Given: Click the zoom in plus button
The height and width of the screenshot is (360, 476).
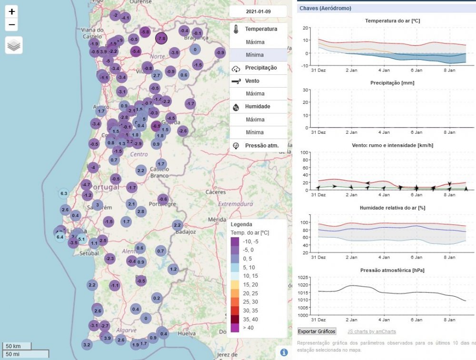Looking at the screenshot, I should click(x=12, y=11).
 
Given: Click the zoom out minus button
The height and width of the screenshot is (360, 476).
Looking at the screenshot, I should click(x=12, y=25).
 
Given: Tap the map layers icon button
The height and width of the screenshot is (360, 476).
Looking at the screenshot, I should click(x=14, y=45).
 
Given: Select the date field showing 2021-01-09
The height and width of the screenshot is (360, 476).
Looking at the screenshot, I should click(x=258, y=11).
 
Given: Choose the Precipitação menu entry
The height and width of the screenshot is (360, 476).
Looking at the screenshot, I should click(x=260, y=68).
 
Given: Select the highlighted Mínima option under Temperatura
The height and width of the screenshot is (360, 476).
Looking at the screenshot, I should click(x=255, y=55).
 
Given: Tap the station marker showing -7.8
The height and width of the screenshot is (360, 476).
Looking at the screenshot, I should click(x=161, y=38).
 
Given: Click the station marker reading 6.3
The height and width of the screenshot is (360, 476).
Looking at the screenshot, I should click(x=64, y=193).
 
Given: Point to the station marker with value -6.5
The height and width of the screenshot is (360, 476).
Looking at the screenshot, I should click(x=156, y=126).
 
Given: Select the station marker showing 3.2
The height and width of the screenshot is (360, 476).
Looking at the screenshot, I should click(x=87, y=344).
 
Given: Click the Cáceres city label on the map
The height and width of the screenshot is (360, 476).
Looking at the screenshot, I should click(x=216, y=192).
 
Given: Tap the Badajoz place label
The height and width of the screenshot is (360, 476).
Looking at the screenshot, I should click(x=186, y=232).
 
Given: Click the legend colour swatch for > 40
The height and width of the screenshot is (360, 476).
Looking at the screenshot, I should click(x=235, y=328).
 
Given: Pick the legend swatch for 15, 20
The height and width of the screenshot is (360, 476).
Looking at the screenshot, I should click(x=235, y=284).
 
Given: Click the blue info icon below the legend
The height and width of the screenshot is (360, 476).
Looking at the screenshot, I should click(x=284, y=352).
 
